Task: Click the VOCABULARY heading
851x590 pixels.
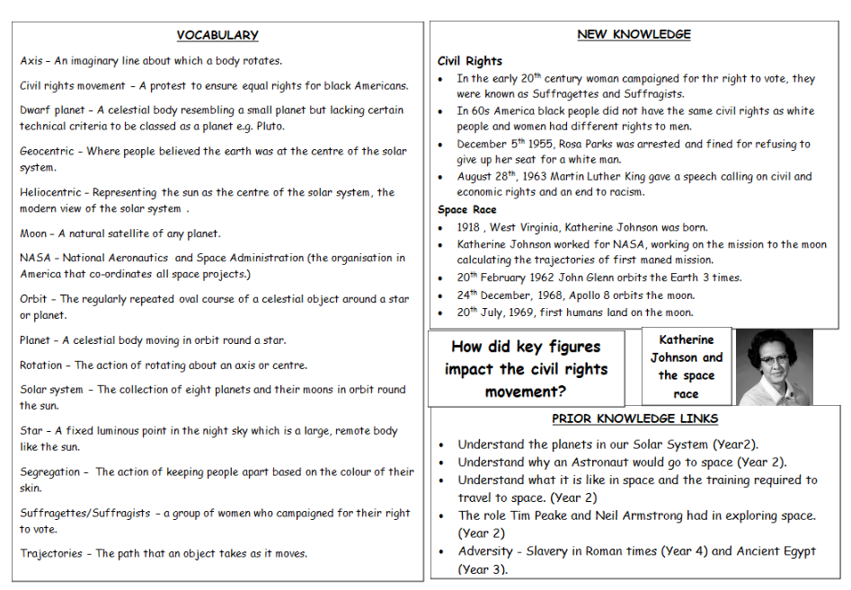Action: pos(217,35)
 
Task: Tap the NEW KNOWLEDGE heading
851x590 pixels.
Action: pos(634,34)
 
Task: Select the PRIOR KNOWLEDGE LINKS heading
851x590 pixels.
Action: pos(634,418)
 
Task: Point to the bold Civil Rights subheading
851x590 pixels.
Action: pos(469,61)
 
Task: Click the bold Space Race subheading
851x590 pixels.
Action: pos(466,210)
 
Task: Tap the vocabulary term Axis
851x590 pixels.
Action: pos(31,61)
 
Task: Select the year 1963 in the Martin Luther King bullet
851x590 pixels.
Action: pos(541,177)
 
